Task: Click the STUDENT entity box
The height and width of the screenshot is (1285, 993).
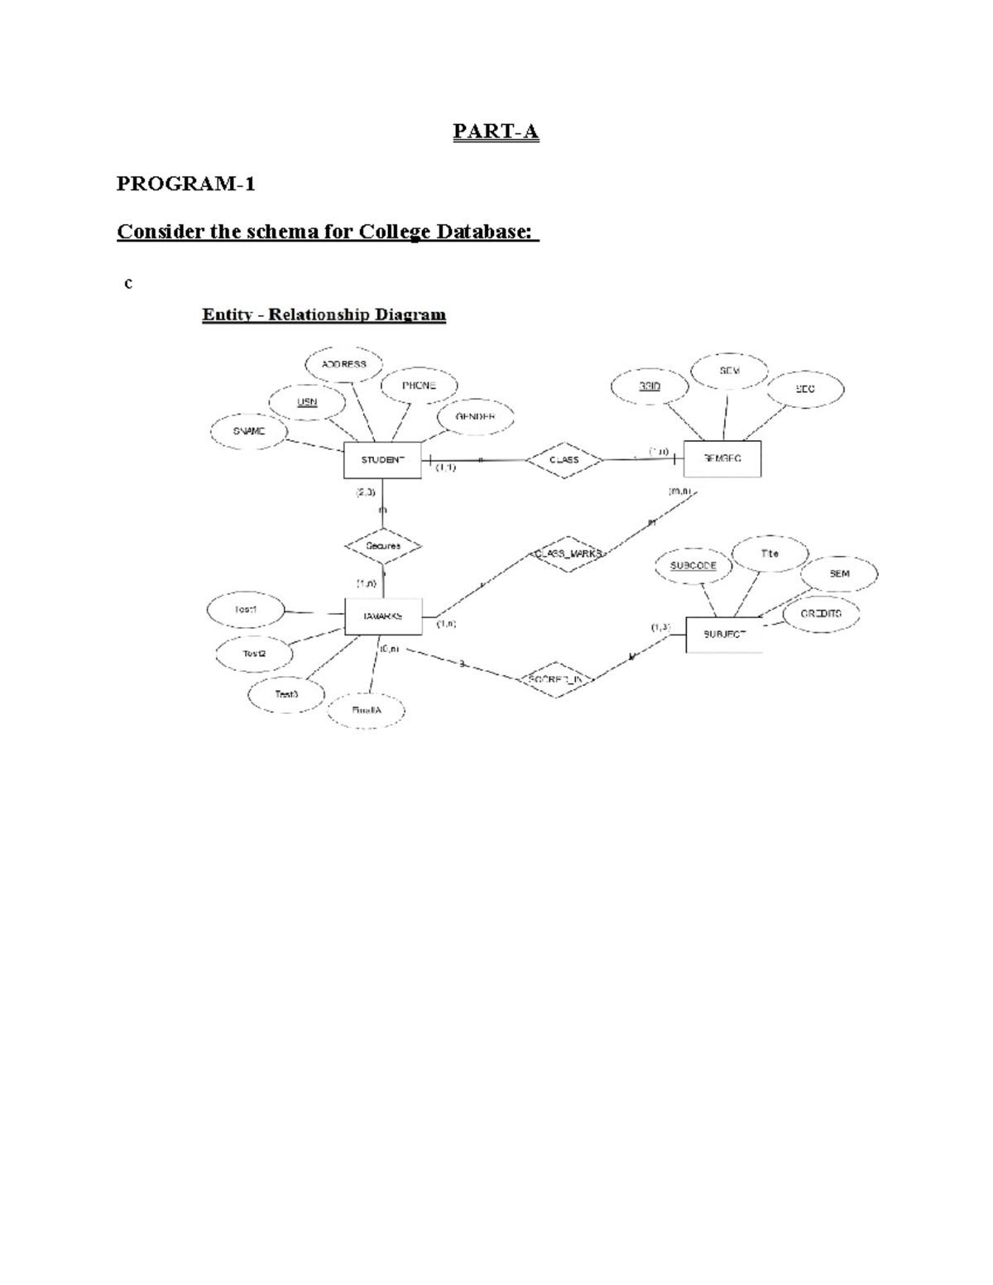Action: click(x=382, y=460)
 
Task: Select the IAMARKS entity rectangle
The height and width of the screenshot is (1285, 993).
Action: click(x=382, y=616)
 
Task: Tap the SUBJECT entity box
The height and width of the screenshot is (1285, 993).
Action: click(x=724, y=635)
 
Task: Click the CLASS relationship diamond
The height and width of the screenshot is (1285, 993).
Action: click(x=564, y=460)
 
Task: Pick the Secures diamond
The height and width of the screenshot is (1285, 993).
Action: click(x=383, y=546)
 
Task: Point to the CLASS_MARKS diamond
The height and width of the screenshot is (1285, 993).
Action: click(x=567, y=554)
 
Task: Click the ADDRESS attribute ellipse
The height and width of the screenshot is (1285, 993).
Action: click(x=344, y=364)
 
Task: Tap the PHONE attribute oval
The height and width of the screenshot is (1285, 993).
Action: click(x=419, y=386)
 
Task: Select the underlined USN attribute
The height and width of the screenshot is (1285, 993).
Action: click(x=307, y=402)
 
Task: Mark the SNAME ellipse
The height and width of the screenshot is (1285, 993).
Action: click(x=249, y=431)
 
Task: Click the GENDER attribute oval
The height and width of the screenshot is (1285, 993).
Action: click(x=475, y=417)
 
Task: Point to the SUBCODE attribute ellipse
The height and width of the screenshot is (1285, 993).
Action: click(x=693, y=566)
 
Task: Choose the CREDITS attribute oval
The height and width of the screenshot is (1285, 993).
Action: click(x=821, y=614)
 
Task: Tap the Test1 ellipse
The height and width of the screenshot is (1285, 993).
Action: click(x=246, y=610)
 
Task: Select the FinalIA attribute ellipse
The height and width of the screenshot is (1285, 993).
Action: click(x=367, y=711)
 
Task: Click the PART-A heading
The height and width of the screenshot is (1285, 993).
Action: click(x=496, y=132)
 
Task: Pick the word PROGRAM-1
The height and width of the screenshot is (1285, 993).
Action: click(x=185, y=184)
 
